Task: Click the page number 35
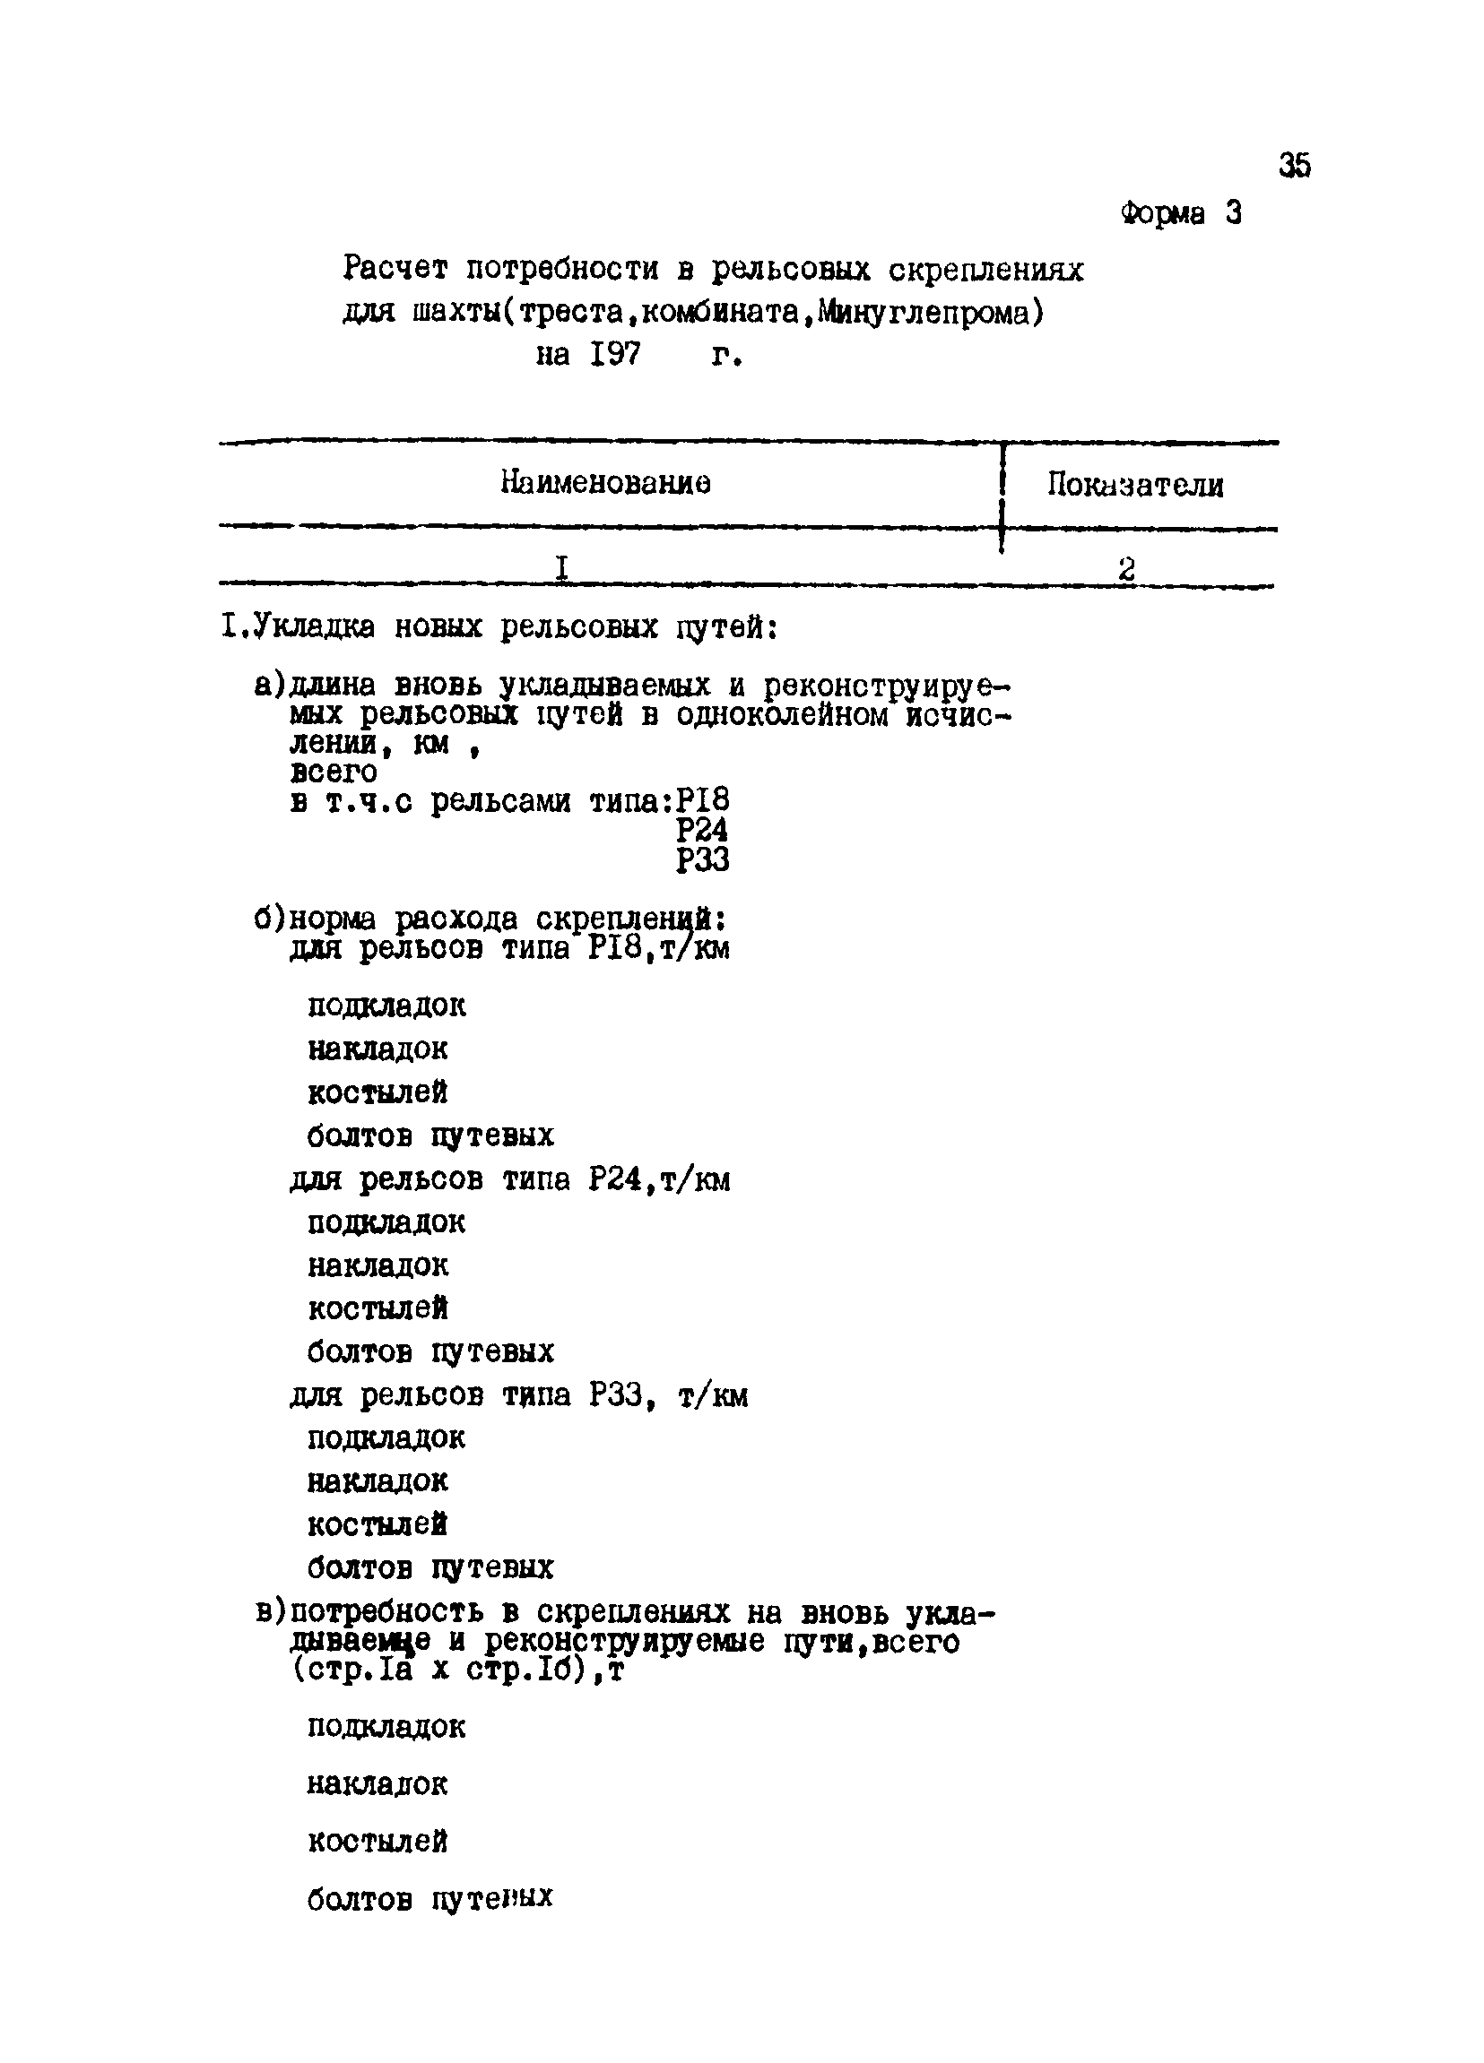pyautogui.click(x=1294, y=166)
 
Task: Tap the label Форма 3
pyautogui.click(x=1180, y=214)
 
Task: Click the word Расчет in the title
pyautogui.click(x=395, y=268)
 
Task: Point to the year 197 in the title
pyautogui.click(x=614, y=354)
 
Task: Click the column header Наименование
pyautogui.click(x=606, y=482)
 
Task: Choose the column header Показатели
pyautogui.click(x=1134, y=485)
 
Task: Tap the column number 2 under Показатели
pyautogui.click(x=1126, y=569)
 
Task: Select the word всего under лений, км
pyautogui.click(x=333, y=773)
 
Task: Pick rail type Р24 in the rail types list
pyautogui.click(x=701, y=830)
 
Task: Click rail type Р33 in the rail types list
pyautogui.click(x=701, y=859)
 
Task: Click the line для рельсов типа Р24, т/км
pyautogui.click(x=509, y=1179)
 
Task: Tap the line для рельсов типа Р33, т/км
pyautogui.click(x=518, y=1395)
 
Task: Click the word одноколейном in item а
pyautogui.click(x=782, y=715)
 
